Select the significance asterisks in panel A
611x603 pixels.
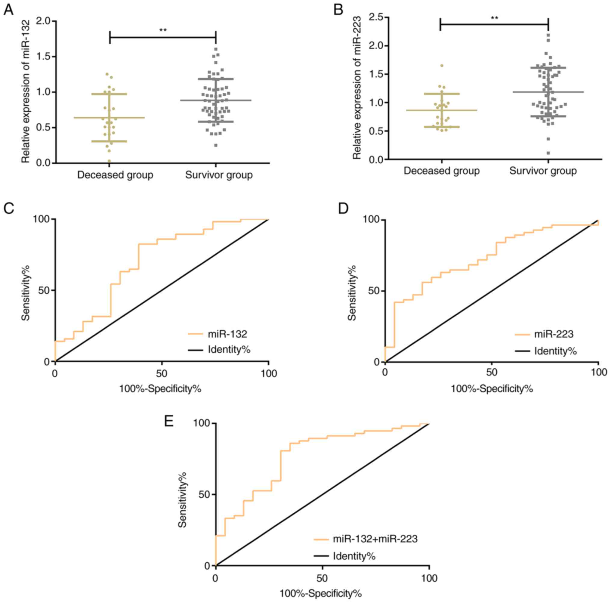(163, 30)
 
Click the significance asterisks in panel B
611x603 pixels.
(494, 18)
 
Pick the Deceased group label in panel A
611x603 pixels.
(115, 175)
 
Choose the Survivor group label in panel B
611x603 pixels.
(543, 171)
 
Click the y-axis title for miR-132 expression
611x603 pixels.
(26, 92)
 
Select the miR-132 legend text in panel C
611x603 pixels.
(227, 333)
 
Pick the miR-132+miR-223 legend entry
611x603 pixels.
(375, 539)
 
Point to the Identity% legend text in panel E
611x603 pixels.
(354, 556)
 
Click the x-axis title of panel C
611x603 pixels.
(160, 388)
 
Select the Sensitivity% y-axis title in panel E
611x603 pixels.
(182, 499)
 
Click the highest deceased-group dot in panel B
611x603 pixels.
(442, 66)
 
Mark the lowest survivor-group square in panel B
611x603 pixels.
(548, 153)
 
